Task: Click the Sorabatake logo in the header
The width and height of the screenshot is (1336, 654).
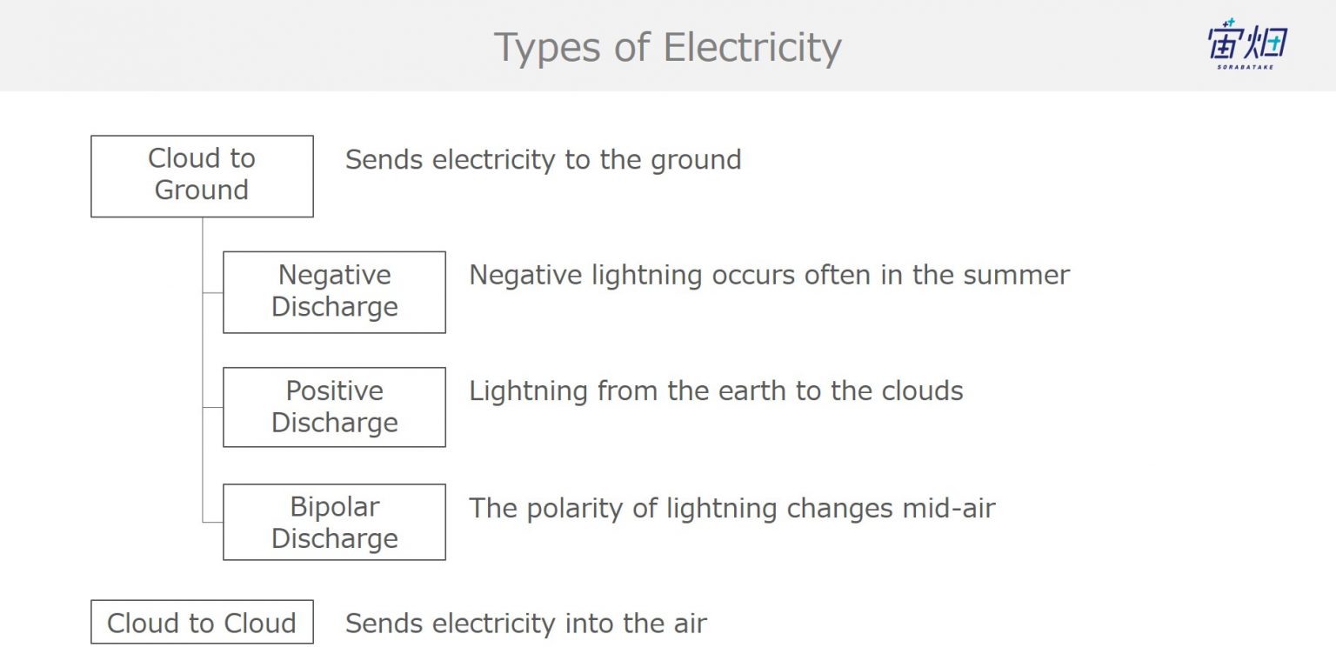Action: click(x=1247, y=43)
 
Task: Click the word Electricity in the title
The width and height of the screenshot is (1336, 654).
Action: click(x=752, y=47)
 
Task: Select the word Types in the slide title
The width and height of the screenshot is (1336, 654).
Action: click(x=547, y=49)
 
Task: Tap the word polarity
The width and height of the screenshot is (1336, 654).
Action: click(x=575, y=510)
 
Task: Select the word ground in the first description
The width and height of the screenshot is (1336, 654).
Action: click(x=696, y=161)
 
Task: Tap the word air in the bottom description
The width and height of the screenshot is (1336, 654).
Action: click(x=691, y=624)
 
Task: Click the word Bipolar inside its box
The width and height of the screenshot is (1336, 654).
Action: click(x=335, y=508)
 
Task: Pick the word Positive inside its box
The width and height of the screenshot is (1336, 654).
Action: click(x=335, y=391)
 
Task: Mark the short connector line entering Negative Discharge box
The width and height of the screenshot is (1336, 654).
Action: click(x=213, y=292)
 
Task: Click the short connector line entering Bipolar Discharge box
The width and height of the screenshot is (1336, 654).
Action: click(x=213, y=523)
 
